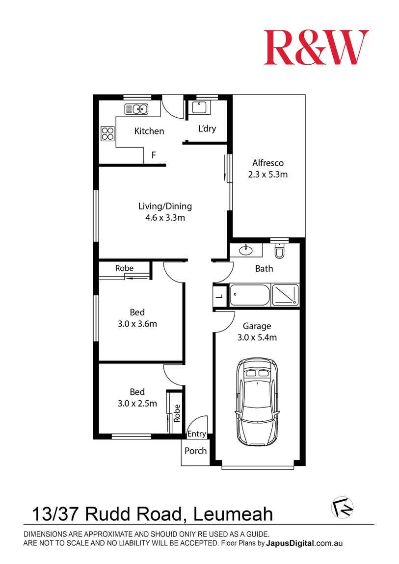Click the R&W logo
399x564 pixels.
(x=316, y=47)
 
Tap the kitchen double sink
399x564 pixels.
(x=136, y=109)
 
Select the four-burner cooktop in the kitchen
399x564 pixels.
(x=107, y=133)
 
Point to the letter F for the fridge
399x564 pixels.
(x=154, y=155)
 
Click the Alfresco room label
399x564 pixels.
(x=268, y=163)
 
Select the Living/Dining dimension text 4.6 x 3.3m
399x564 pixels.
(x=165, y=217)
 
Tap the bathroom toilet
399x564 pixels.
(x=280, y=251)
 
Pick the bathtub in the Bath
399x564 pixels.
(x=250, y=295)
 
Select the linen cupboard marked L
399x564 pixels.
(x=219, y=296)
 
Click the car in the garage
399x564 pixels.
(x=257, y=401)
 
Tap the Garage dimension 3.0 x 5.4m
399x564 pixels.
(x=257, y=337)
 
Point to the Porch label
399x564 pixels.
(x=195, y=451)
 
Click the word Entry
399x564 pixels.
(x=197, y=434)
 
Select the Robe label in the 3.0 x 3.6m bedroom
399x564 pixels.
(x=124, y=268)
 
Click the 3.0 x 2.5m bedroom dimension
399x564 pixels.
(x=137, y=404)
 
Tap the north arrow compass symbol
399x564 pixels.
(x=343, y=507)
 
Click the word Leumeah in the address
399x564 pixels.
(x=233, y=514)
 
